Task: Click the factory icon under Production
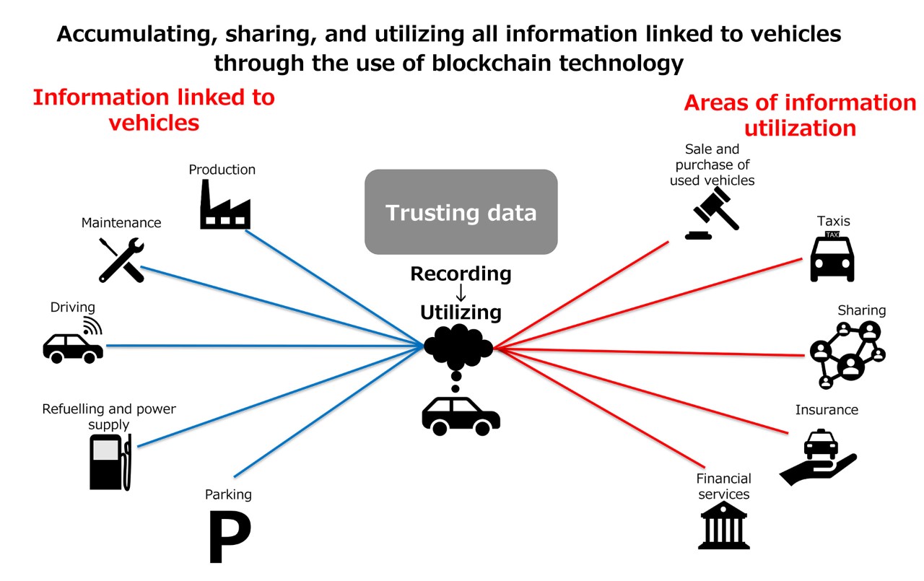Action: click(x=225, y=205)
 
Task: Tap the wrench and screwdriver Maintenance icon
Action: click(x=121, y=259)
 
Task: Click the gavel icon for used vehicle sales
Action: click(x=712, y=214)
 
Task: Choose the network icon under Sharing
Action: click(x=847, y=354)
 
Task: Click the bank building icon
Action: click(x=723, y=525)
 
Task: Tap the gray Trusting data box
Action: click(x=461, y=212)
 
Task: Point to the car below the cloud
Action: click(x=461, y=415)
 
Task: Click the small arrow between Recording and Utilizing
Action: click(x=461, y=293)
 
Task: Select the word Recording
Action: click(x=461, y=274)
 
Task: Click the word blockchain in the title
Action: click(x=487, y=64)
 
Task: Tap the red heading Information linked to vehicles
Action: click(x=154, y=109)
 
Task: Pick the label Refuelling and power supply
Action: click(x=109, y=416)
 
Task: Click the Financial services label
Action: click(x=723, y=486)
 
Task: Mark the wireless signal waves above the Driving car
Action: click(x=92, y=326)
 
